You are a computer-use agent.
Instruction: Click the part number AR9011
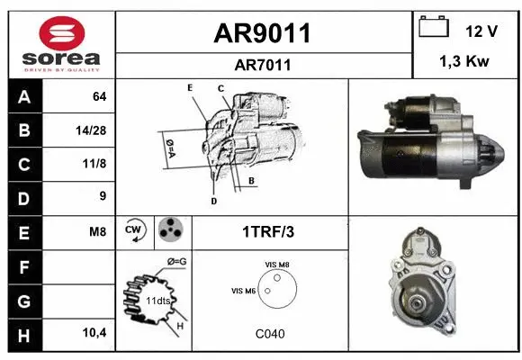(x=263, y=33)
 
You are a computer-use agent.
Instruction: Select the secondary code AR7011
(x=263, y=65)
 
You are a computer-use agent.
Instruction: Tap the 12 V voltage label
(x=481, y=31)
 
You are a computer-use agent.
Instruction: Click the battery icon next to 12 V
(x=435, y=28)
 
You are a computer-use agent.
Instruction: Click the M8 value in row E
(x=97, y=231)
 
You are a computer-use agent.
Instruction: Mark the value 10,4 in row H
(x=94, y=333)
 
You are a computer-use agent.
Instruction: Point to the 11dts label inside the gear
(x=158, y=300)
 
